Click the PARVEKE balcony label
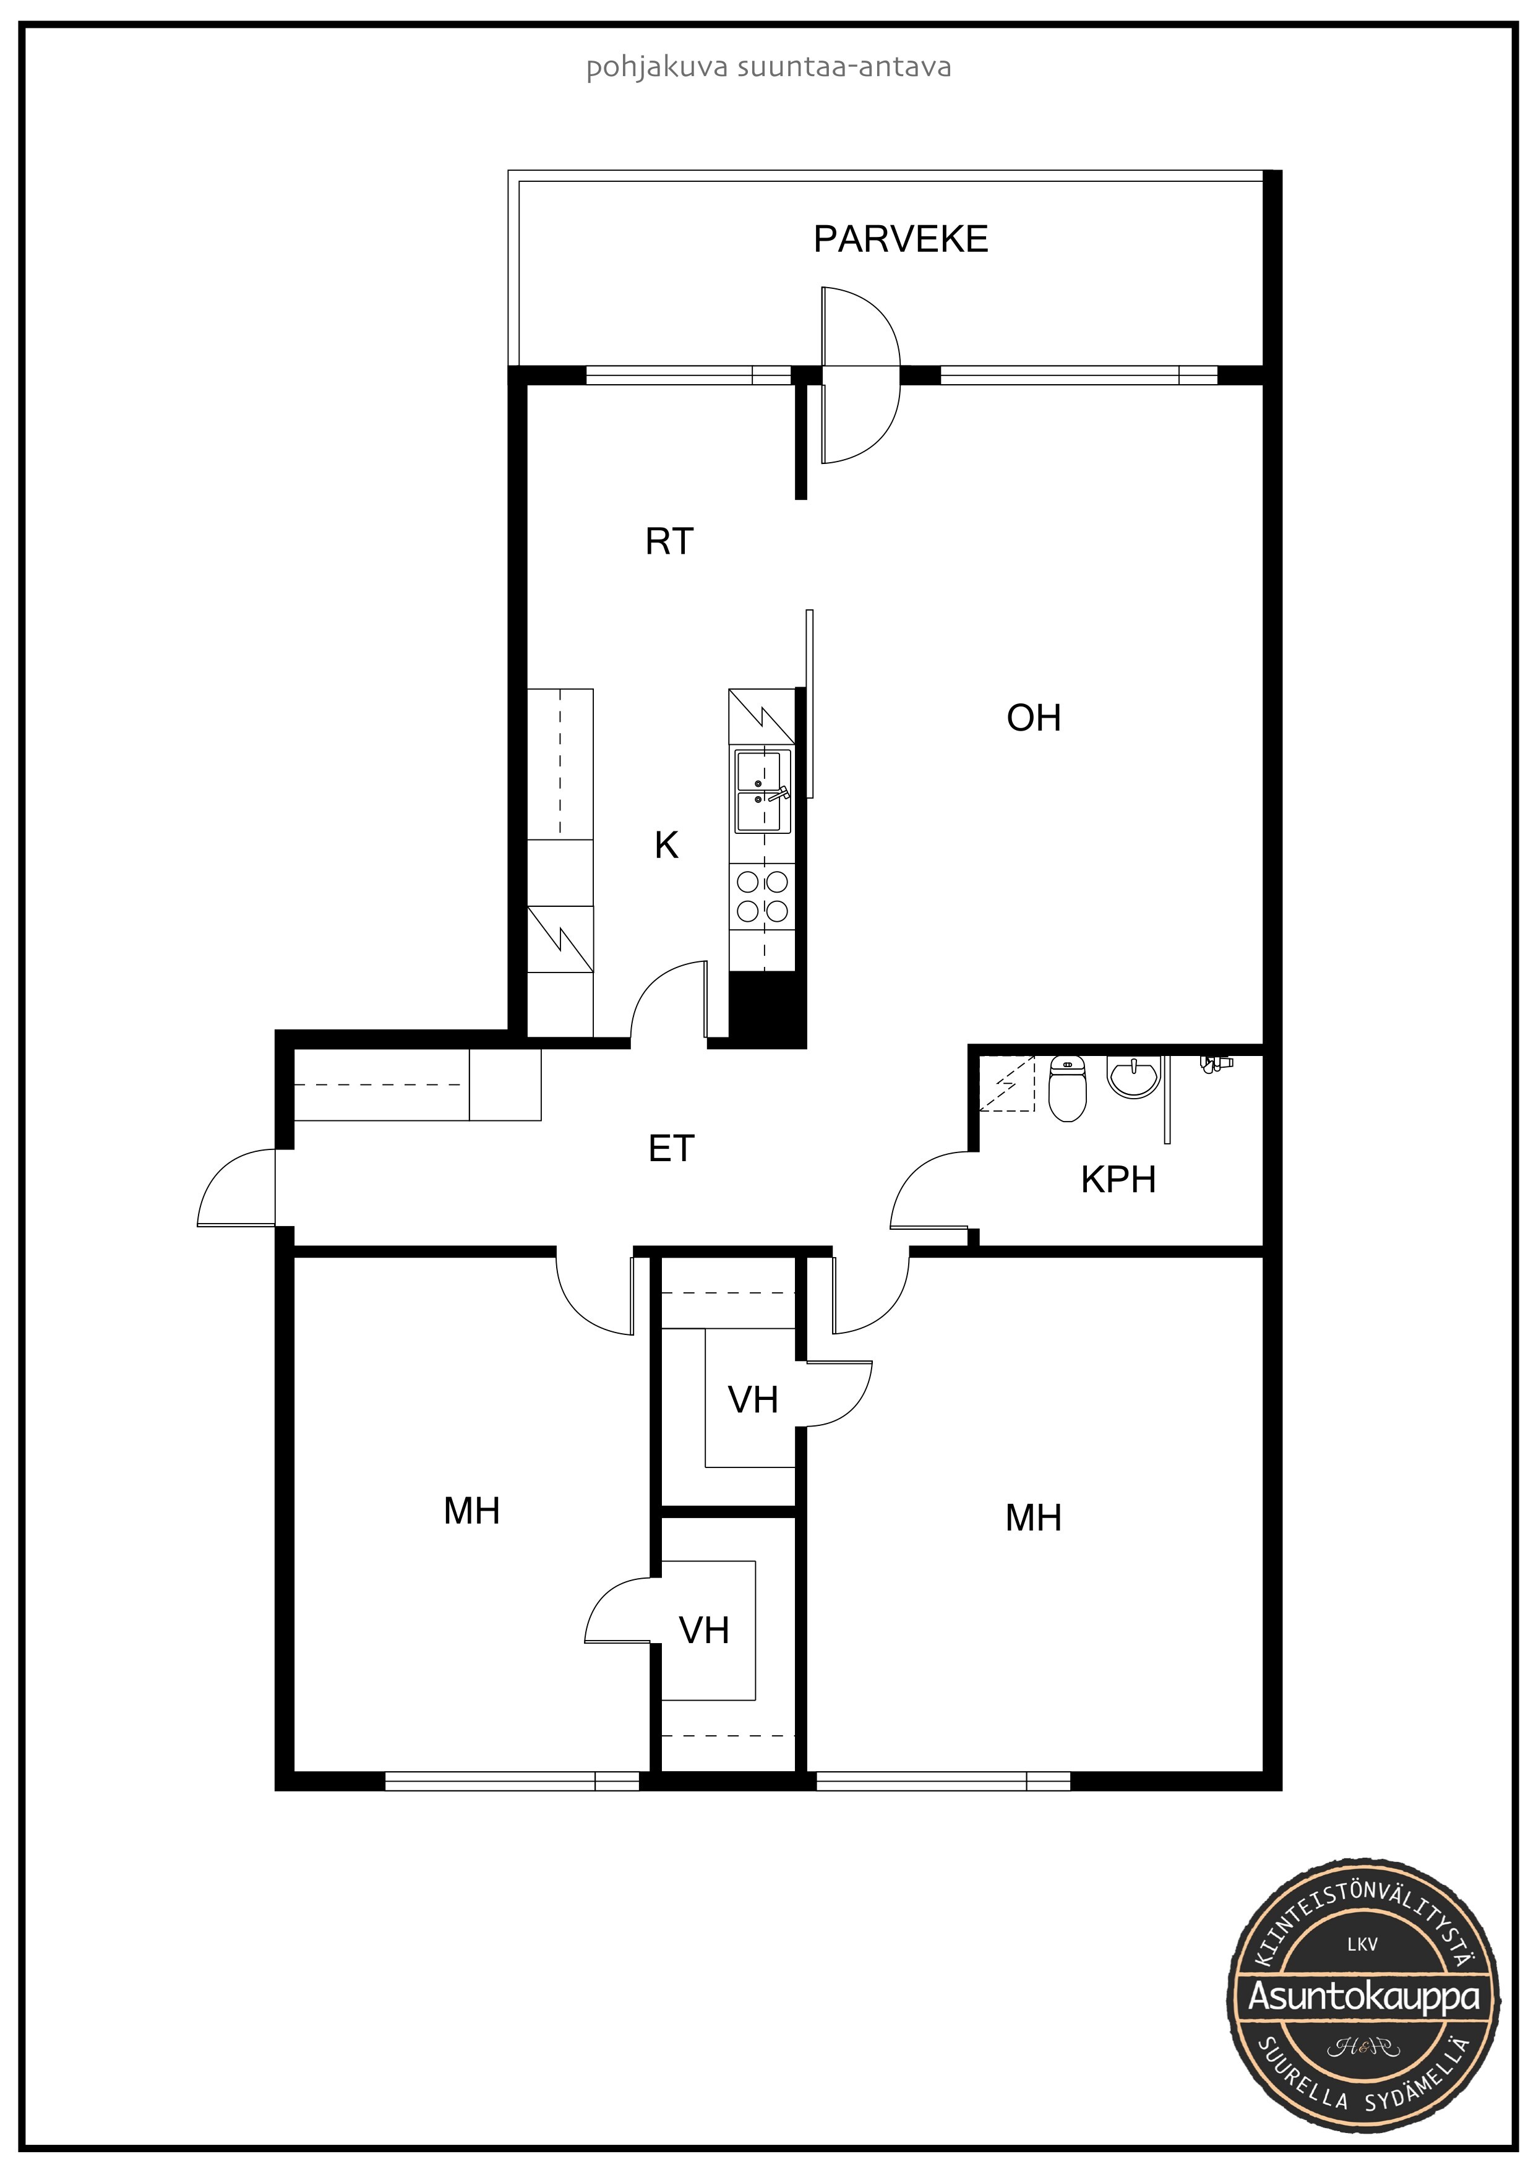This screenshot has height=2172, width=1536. point(901,239)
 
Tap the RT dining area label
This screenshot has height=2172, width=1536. point(669,541)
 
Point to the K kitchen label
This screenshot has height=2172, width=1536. point(667,845)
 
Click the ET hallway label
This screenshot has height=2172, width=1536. point(672,1148)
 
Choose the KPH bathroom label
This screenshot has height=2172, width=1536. point(1119,1180)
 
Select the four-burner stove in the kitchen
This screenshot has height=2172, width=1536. point(762,897)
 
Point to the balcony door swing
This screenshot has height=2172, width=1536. point(860,376)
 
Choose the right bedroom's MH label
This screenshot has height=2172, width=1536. point(1034,1517)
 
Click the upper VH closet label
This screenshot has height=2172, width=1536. point(753,1399)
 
